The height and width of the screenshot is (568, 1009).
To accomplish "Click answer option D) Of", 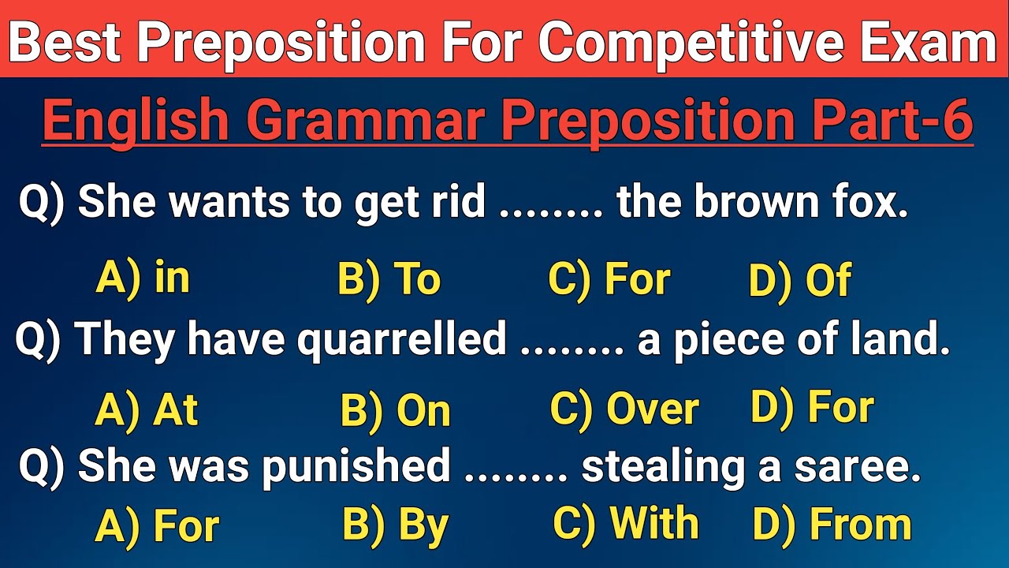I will pyautogui.click(x=799, y=281).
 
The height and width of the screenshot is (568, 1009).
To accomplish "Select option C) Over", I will pyautogui.click(x=624, y=409).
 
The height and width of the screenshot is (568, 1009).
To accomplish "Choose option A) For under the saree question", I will pyautogui.click(x=156, y=526).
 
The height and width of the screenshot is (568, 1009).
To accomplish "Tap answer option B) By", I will pyautogui.click(x=395, y=525).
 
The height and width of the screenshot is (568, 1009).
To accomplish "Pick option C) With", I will pyautogui.click(x=625, y=524).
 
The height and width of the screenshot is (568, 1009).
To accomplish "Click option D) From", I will pyautogui.click(x=832, y=525).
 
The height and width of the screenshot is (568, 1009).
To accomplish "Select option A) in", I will pyautogui.click(x=143, y=279).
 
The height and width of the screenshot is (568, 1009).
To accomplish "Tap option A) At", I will pyautogui.click(x=146, y=410).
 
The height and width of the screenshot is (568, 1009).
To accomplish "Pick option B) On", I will pyautogui.click(x=395, y=411).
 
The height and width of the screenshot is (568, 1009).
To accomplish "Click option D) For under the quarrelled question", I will pyautogui.click(x=812, y=408).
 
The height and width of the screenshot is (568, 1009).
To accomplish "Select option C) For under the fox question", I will pyautogui.click(x=609, y=280).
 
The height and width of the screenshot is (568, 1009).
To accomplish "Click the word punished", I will pyautogui.click(x=356, y=467).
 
